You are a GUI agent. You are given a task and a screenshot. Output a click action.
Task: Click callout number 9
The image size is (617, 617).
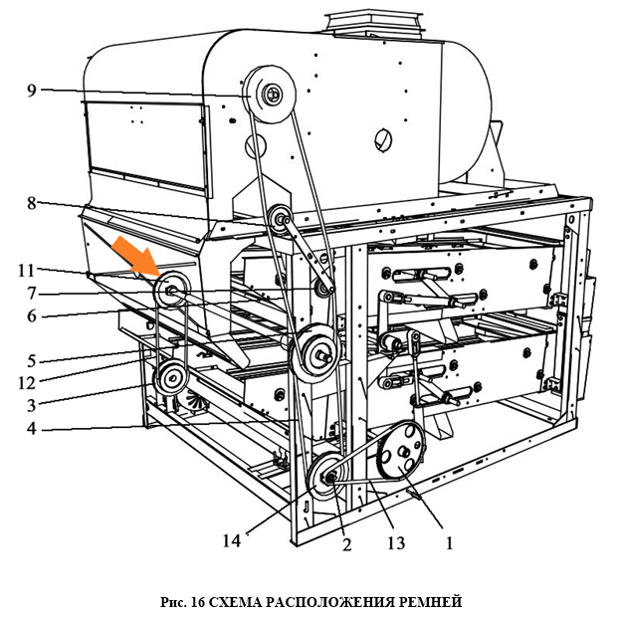pos(32,91)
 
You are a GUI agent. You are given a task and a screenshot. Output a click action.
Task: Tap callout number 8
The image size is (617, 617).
pos(32,202)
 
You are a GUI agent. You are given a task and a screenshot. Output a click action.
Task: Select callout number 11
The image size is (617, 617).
pos(26,269)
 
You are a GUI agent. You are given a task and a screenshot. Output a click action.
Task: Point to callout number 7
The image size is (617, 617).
pos(32,293)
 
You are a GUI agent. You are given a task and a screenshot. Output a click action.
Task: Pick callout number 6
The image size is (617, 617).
pos(32,315)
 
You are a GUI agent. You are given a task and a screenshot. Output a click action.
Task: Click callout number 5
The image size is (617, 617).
pos(30,359)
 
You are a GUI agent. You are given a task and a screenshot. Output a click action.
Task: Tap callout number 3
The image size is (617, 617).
pos(32,404)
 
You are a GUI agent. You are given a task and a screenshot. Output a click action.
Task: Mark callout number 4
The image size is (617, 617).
pos(32,430)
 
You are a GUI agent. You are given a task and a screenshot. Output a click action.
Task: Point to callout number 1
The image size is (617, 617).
pos(449,543)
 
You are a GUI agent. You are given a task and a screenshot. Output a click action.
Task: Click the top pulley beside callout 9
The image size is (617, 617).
pos(270,95)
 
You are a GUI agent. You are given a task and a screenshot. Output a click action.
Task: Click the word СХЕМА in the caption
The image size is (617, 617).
pos(247,601)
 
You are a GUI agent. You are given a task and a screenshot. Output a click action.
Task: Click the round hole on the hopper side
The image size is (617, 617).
pos(382,138)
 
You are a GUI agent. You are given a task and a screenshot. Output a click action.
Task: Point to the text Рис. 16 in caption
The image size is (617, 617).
pos(183,601)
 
